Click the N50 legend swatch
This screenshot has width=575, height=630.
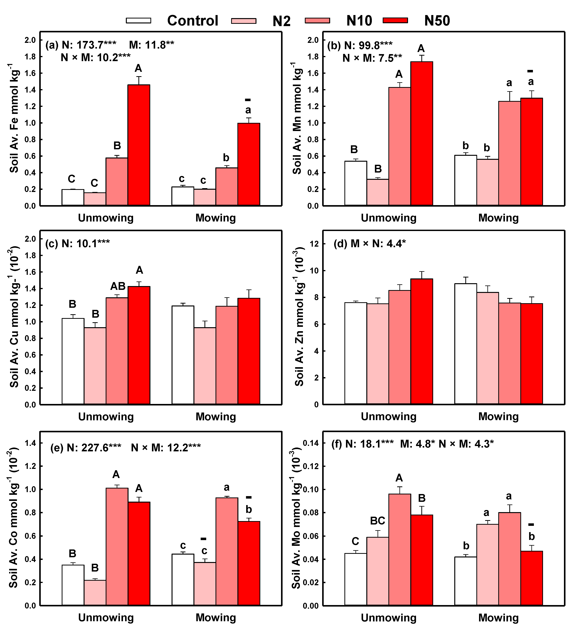[395, 21]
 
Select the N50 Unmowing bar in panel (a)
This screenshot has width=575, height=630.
[139, 145]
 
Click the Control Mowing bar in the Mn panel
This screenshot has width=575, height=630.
[466, 180]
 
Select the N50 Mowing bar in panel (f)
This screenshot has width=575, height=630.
[532, 578]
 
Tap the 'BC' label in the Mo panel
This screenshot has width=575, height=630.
[378, 521]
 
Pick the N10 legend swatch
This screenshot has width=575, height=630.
[317, 21]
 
